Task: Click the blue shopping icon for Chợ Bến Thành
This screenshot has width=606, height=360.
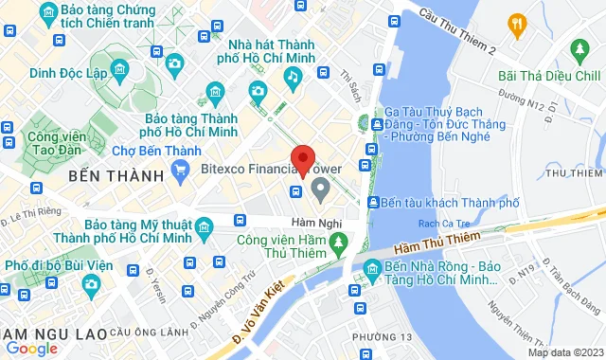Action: coord(183,171)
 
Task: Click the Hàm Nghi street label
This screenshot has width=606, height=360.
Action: coord(308,222)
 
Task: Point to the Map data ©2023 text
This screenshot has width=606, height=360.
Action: coord(564,353)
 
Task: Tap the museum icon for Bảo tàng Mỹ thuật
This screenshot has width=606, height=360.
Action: coord(202,225)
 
